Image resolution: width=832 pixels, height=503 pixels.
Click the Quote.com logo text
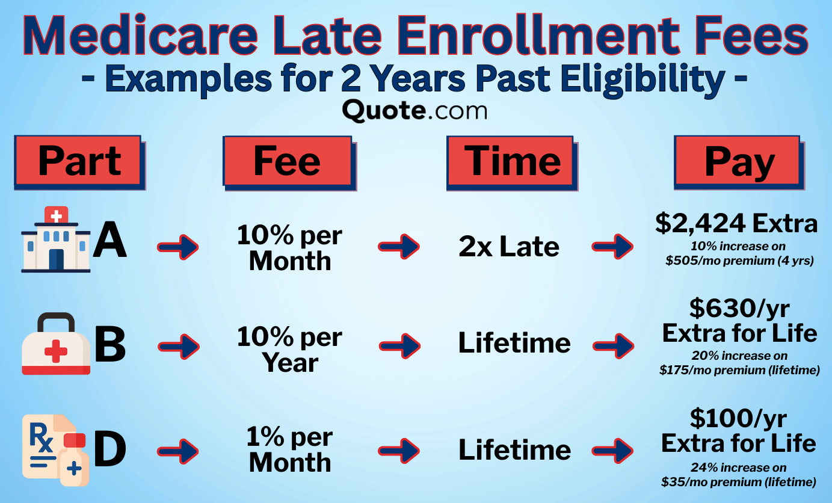coord(414,111)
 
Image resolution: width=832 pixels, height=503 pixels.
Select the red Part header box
coord(79,162)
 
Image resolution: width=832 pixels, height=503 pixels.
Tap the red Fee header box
coord(287,161)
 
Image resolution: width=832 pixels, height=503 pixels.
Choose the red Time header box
coord(512,161)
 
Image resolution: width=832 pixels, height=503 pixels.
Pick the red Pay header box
coord(739,161)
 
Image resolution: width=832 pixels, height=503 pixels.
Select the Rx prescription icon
coord(55,449)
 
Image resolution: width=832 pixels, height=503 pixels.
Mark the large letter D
coord(111,449)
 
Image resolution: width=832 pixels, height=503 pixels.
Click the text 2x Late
coord(509,247)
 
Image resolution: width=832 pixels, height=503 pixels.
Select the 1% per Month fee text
coord(290,450)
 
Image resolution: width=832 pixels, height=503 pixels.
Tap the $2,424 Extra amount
coord(736,224)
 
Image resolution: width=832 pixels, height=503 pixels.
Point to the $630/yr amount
coord(739,309)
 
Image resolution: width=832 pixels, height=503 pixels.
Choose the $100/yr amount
coord(738,418)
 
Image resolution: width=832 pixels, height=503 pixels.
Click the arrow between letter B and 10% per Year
coord(178,346)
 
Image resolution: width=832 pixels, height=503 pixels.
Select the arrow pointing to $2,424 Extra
coord(612,247)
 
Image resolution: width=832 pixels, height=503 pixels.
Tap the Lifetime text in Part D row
coord(514,450)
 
